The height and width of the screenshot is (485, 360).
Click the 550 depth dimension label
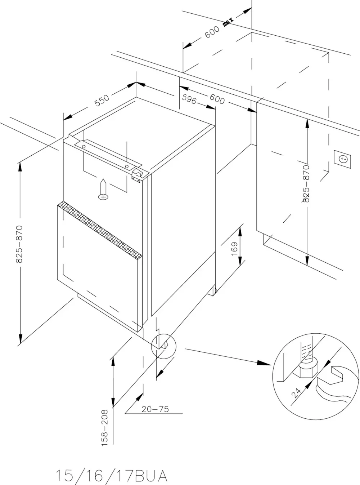tap(102, 101)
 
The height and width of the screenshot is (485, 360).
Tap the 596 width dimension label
tap(189, 99)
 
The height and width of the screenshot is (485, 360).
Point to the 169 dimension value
tap(234, 249)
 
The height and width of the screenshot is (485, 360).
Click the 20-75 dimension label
tap(155, 409)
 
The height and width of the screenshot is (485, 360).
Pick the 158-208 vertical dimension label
tap(105, 428)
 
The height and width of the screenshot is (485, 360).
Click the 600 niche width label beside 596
tap(217, 100)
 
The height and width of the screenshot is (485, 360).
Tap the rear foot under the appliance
tap(212, 290)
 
